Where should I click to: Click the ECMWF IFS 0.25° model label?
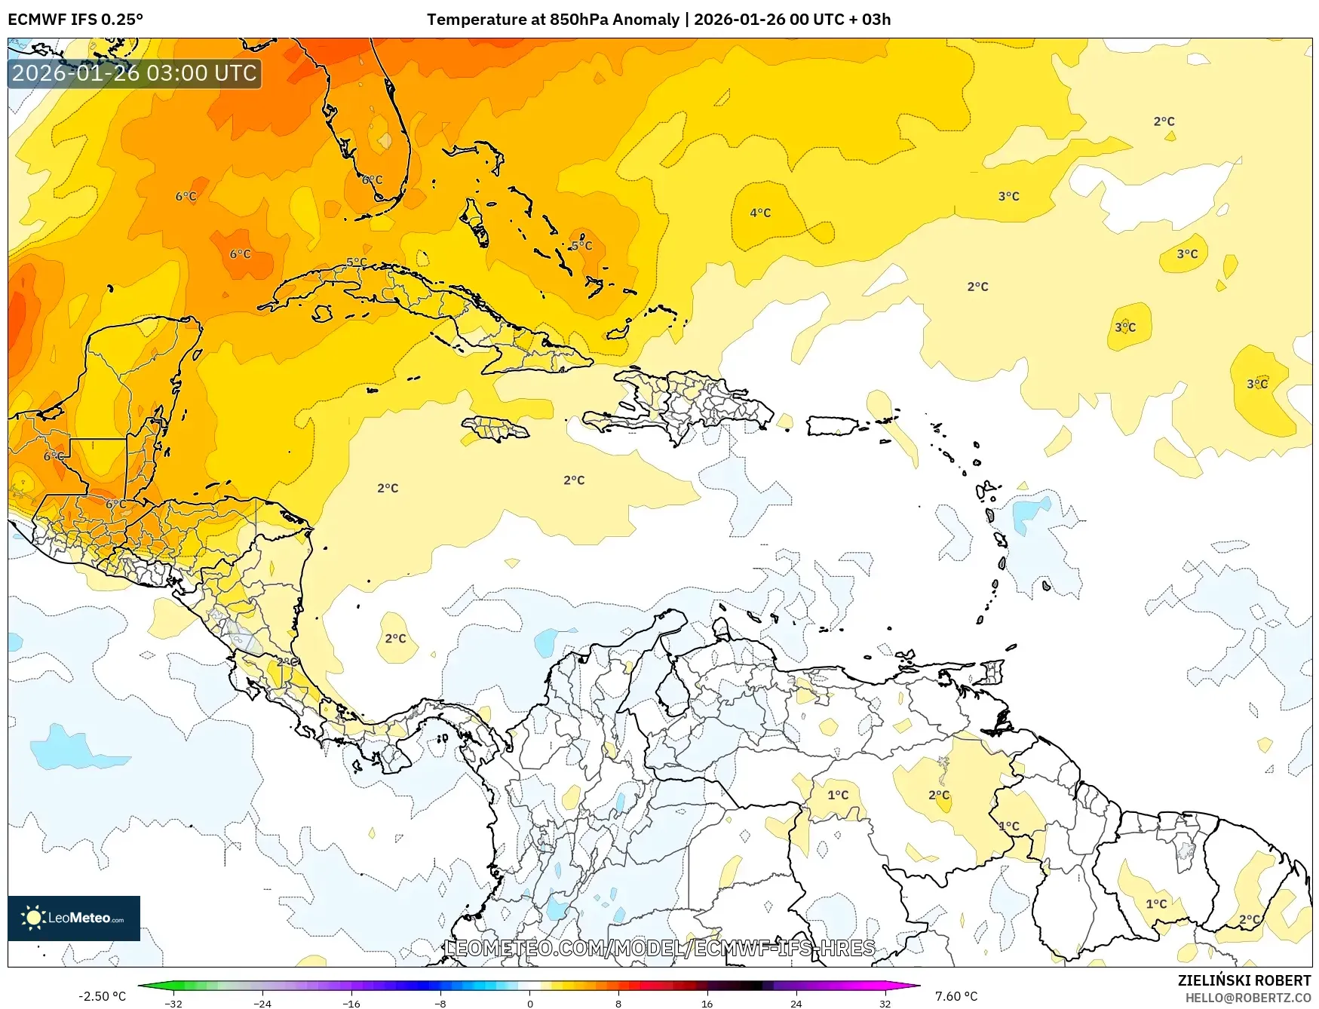(75, 20)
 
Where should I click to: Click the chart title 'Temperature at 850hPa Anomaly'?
(553, 20)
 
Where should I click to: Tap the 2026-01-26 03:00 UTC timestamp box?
(134, 73)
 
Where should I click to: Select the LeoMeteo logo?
(74, 918)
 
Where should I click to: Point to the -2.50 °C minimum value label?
(102, 996)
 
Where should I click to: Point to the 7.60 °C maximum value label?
(956, 996)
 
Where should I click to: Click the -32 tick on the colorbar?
(173, 1003)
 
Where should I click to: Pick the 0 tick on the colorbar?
(529, 1003)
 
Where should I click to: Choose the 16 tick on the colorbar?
(707, 1003)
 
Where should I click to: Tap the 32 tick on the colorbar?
(885, 1003)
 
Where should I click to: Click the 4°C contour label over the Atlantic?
(760, 213)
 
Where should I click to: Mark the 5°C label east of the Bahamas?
(581, 246)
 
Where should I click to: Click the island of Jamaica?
(495, 429)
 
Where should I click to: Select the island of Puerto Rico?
(833, 426)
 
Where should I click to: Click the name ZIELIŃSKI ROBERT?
(1244, 980)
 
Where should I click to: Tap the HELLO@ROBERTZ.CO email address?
(1247, 998)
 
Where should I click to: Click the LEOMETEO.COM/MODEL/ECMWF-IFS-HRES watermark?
(660, 948)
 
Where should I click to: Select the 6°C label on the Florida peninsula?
(372, 180)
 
